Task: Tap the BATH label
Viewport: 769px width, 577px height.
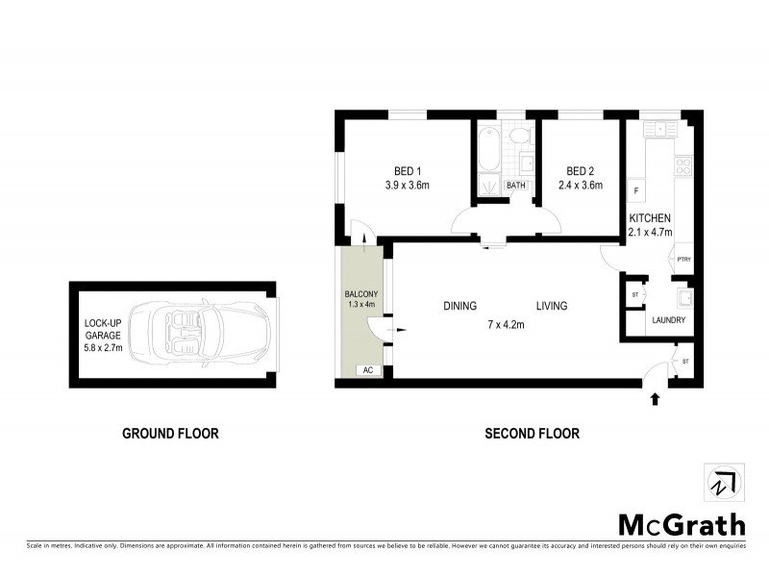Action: [x=516, y=186]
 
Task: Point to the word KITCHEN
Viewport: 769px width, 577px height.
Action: [x=650, y=218]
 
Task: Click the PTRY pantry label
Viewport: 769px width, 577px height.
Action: [x=684, y=259]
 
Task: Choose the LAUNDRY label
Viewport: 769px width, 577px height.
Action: [x=669, y=319]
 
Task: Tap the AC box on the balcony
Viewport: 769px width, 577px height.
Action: [x=366, y=370]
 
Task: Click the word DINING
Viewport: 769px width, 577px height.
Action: [x=460, y=307]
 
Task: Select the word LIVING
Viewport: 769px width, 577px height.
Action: [x=552, y=307]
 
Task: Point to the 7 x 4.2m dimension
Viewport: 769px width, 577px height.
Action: [x=507, y=324]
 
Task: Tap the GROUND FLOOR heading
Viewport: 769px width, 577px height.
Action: [x=170, y=434]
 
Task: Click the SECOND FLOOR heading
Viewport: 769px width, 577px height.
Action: [x=532, y=434]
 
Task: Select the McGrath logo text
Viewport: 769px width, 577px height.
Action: [x=681, y=524]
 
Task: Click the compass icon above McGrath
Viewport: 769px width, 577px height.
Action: [x=722, y=483]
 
